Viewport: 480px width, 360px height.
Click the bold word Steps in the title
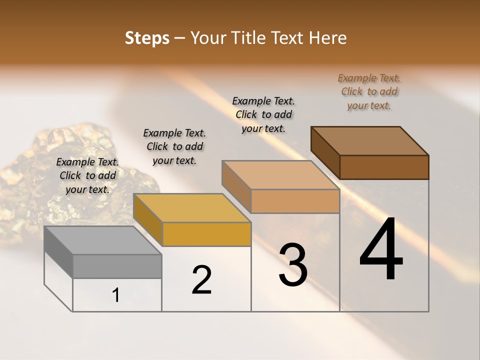click(147, 38)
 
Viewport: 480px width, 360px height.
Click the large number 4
click(381, 249)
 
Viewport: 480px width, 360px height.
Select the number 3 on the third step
click(293, 265)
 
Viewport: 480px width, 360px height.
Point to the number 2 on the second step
click(201, 280)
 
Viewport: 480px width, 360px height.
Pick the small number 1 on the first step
click(115, 295)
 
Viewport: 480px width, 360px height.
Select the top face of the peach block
click(280, 175)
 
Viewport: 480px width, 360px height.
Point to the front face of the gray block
click(117, 266)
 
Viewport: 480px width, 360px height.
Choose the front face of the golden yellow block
click(206, 234)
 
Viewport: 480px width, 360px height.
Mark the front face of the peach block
click(295, 201)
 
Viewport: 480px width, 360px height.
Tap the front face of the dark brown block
click(384, 167)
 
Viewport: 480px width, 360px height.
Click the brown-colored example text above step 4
click(369, 92)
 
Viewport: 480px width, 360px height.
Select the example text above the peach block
click(263, 114)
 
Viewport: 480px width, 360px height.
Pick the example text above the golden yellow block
click(174, 146)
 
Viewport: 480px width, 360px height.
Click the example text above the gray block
click(87, 175)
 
